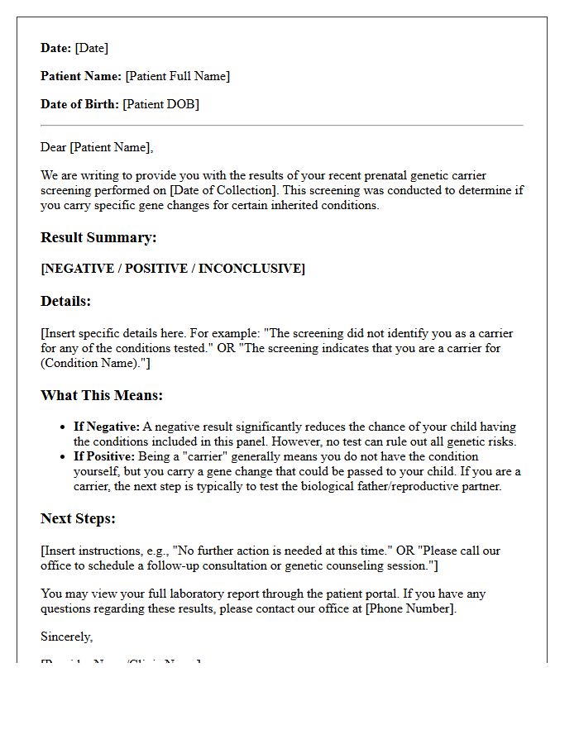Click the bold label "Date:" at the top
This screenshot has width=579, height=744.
coord(56,48)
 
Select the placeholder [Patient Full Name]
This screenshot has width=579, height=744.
coord(177,76)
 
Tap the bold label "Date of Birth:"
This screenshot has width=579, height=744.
coord(80,104)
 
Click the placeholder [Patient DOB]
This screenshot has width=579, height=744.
coord(160,104)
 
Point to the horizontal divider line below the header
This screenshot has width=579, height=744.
coord(281,126)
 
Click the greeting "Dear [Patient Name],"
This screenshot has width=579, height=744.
coord(97,147)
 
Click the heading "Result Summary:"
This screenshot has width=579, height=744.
coord(98,237)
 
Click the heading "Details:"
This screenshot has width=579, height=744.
coord(66,301)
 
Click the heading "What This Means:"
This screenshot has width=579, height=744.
coord(102,395)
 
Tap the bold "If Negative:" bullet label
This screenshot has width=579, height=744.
coord(107,427)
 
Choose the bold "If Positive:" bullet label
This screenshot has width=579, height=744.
coord(104,456)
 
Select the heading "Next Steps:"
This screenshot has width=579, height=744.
coord(78,518)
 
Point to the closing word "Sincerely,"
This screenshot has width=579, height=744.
coord(67,637)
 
